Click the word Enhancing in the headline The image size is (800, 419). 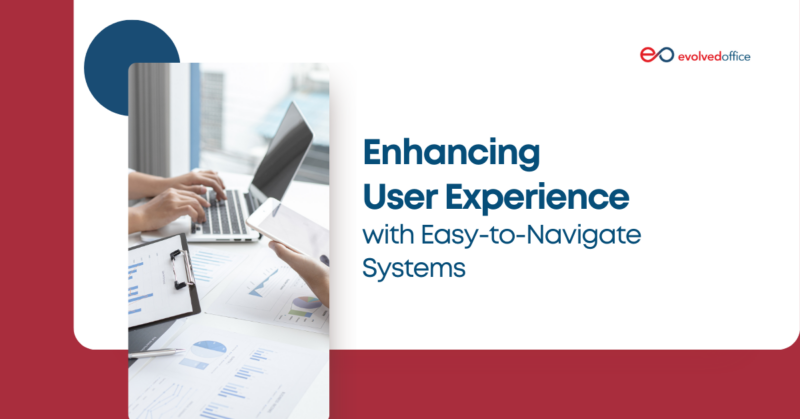click(x=450, y=156)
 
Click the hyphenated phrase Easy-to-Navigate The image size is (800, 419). click(x=525, y=238)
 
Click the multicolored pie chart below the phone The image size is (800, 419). click(x=305, y=305)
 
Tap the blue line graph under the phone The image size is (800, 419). click(x=265, y=285)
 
